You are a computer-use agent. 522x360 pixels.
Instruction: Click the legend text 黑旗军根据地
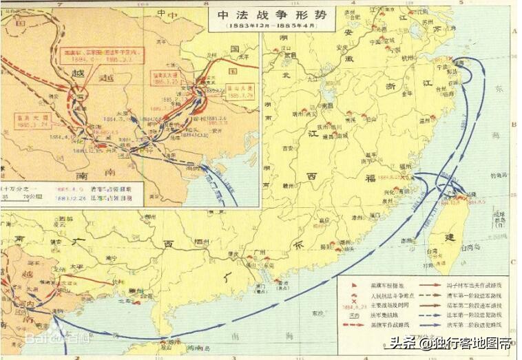click(x=382, y=284)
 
